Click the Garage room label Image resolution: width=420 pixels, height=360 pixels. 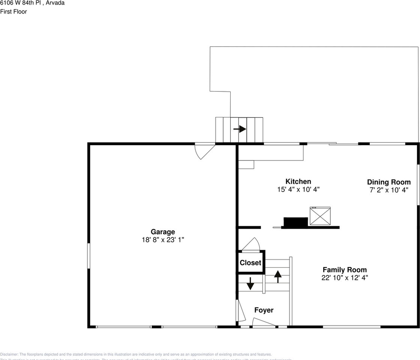(x=163, y=232)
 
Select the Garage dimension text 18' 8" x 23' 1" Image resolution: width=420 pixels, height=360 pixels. (x=163, y=240)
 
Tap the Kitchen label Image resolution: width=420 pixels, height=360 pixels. (x=298, y=181)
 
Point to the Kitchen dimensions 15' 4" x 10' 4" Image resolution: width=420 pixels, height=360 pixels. (x=298, y=190)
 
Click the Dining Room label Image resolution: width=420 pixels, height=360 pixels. (x=388, y=182)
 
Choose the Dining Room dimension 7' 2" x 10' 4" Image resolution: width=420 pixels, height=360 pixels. (x=388, y=190)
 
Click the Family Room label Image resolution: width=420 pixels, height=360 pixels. (x=345, y=270)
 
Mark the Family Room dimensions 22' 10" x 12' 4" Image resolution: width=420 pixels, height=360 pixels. (x=345, y=278)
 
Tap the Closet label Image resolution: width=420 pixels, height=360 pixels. (x=250, y=263)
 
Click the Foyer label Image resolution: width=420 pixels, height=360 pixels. (x=264, y=310)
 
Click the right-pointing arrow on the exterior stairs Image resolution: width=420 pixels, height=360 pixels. (x=240, y=129)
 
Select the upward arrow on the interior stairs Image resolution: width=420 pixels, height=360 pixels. (x=277, y=276)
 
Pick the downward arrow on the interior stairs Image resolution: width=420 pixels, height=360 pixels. (x=250, y=284)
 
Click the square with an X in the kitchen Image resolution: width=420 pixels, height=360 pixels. (x=320, y=216)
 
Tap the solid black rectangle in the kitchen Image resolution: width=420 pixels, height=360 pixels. (x=295, y=222)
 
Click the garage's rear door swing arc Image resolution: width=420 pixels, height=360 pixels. (x=204, y=152)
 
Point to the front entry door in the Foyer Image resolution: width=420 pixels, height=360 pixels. (x=264, y=322)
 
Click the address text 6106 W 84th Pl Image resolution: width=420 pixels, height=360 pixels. (x=32, y=3)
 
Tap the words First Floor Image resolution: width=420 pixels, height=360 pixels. (x=13, y=12)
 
